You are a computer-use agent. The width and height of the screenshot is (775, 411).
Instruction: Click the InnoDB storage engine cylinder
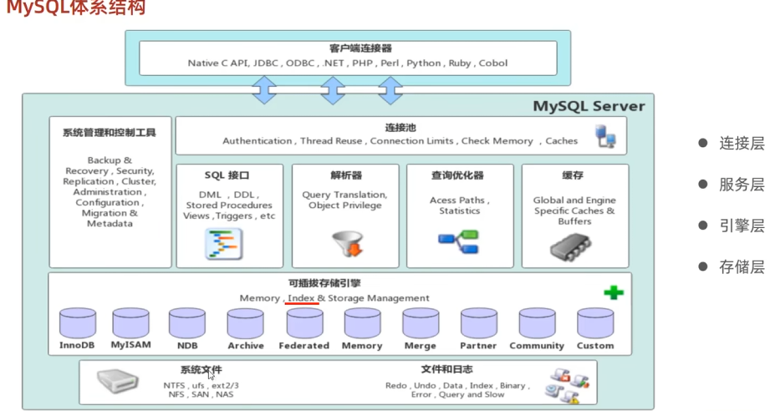pyautogui.click(x=78, y=323)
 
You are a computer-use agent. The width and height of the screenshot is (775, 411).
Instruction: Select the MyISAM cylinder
pyautogui.click(x=131, y=322)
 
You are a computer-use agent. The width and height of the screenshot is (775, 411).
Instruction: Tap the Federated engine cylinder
pyautogui.click(x=303, y=323)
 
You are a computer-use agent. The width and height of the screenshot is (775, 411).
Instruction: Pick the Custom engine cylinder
pyautogui.click(x=595, y=323)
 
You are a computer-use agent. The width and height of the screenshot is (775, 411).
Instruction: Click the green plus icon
pyautogui.click(x=614, y=292)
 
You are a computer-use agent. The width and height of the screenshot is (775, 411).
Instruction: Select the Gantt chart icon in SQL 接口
pyautogui.click(x=223, y=244)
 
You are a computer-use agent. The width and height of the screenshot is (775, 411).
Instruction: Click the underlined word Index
pyautogui.click(x=301, y=298)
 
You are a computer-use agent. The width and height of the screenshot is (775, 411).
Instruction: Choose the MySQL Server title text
pyautogui.click(x=589, y=107)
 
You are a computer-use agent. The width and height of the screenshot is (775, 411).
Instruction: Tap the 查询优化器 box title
pyautogui.click(x=457, y=176)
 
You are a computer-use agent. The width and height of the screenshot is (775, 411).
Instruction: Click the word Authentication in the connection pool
pyautogui.click(x=257, y=141)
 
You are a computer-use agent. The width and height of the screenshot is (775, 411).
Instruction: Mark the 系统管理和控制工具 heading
pyautogui.click(x=110, y=132)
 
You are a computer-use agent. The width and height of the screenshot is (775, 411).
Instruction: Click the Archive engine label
pyautogui.click(x=245, y=346)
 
